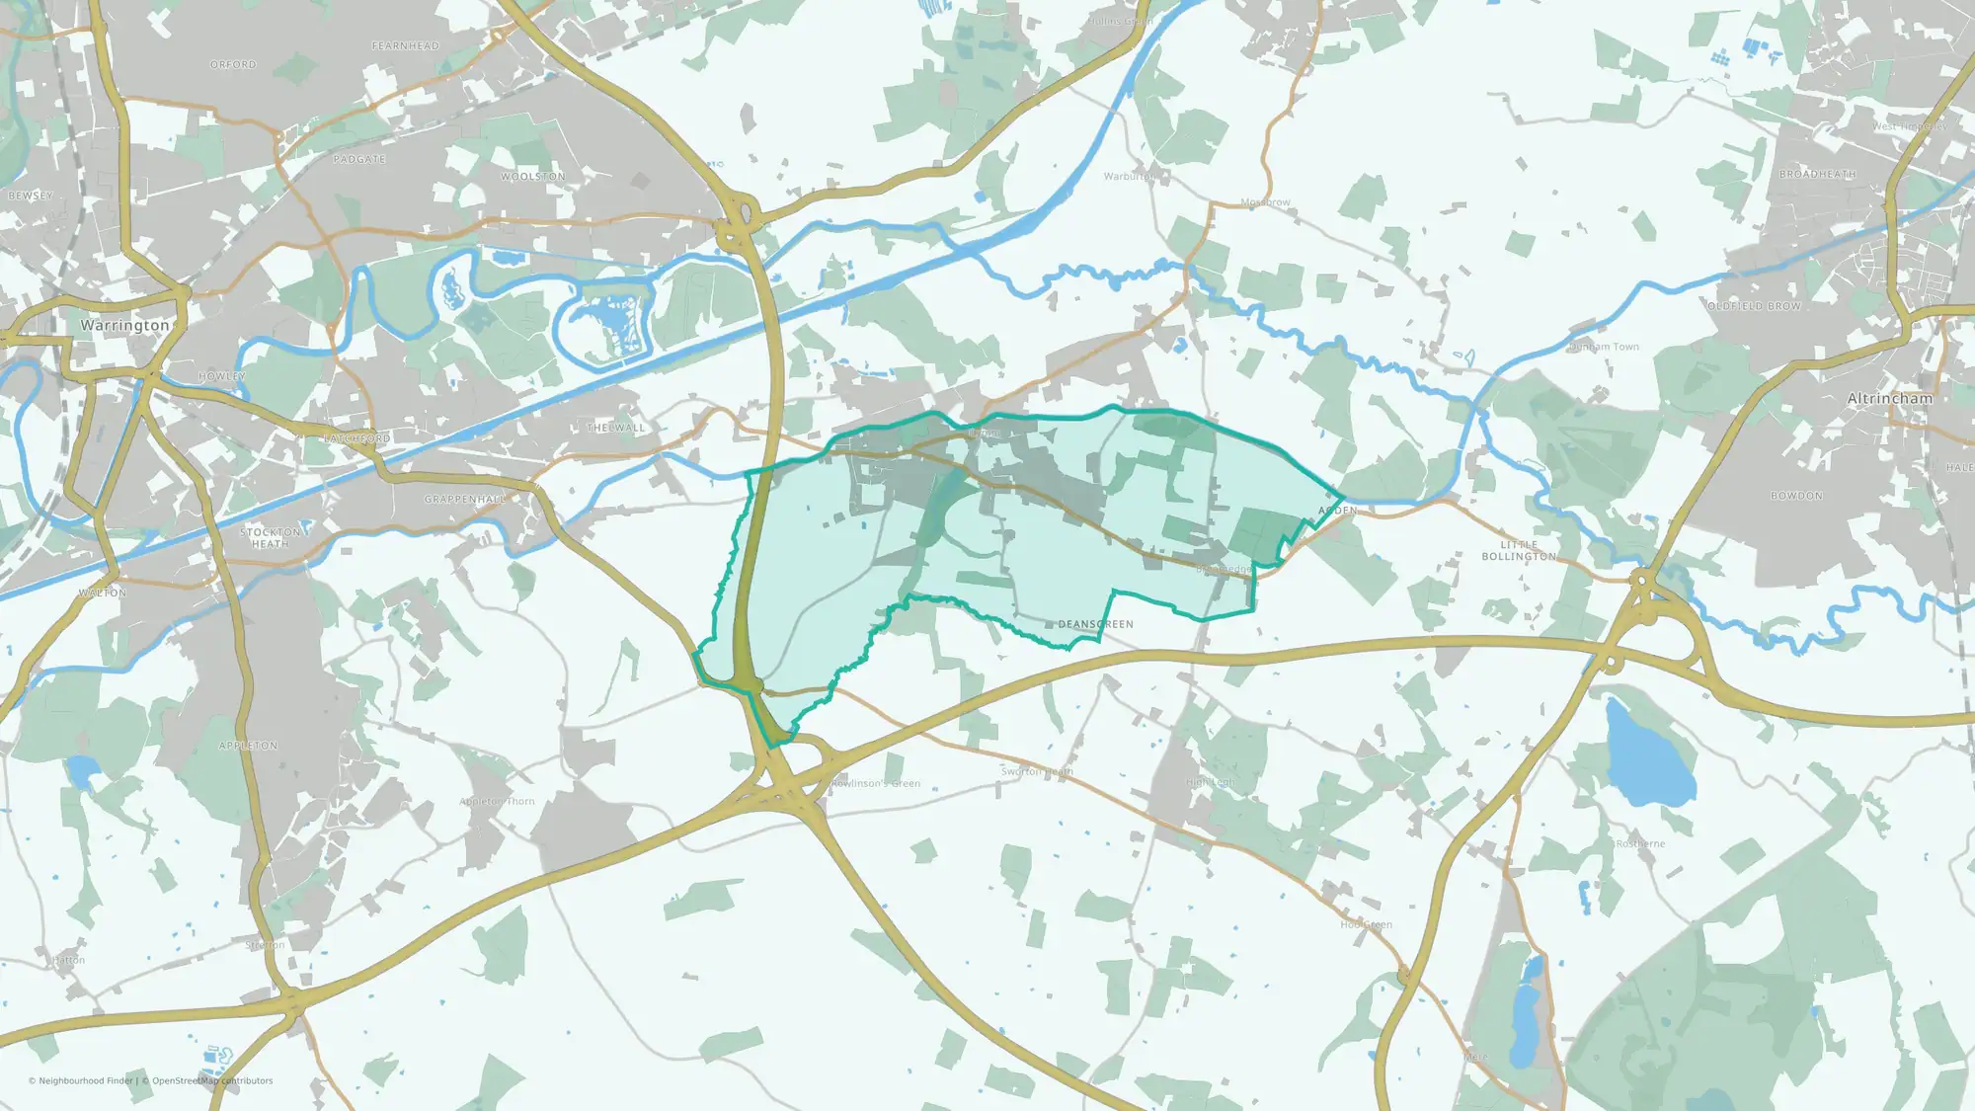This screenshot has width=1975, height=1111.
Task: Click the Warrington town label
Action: click(x=124, y=325)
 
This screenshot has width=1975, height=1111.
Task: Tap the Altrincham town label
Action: click(x=1889, y=398)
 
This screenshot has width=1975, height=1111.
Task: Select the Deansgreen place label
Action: click(x=1095, y=624)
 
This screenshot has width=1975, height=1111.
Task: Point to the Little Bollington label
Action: click(x=1518, y=550)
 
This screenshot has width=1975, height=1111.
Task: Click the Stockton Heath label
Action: click(x=270, y=537)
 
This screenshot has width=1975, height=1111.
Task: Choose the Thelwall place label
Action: click(x=615, y=428)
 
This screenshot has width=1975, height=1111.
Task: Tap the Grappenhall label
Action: click(x=464, y=500)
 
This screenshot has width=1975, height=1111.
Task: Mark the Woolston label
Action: click(x=532, y=177)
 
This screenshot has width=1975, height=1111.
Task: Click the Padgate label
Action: click(x=359, y=159)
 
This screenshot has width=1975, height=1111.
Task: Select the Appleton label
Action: click(x=248, y=746)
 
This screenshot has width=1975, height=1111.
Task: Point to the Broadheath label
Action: click(x=1817, y=174)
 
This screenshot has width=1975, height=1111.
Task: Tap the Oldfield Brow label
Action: click(x=1754, y=306)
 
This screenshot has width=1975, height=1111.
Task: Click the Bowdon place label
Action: click(x=1796, y=496)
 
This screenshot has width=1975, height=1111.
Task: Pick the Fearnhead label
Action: click(x=405, y=45)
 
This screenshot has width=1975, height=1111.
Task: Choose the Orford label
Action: click(x=233, y=64)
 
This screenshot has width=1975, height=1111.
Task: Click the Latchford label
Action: click(x=357, y=437)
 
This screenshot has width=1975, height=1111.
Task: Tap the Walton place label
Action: click(x=103, y=593)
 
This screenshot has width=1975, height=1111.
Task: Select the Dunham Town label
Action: click(x=1604, y=347)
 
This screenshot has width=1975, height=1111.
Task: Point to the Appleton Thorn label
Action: click(x=497, y=801)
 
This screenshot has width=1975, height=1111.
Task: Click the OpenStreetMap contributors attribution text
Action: click(x=212, y=1080)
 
